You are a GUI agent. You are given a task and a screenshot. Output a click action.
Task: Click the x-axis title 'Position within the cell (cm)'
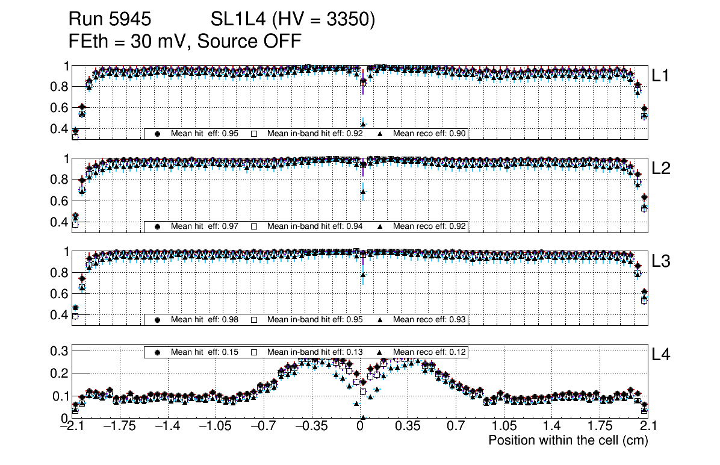click(x=568, y=440)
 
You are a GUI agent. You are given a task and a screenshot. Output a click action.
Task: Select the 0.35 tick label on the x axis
click(x=408, y=426)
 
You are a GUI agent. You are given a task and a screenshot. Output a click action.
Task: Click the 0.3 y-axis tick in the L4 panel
click(x=61, y=350)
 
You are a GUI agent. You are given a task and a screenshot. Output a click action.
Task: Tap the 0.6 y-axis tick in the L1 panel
click(x=60, y=107)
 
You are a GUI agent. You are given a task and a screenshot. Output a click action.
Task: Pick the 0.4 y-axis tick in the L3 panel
click(x=60, y=315)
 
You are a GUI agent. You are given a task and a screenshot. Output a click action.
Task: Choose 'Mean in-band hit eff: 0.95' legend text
click(x=315, y=319)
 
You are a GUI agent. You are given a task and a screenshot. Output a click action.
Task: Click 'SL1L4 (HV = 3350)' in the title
click(x=293, y=20)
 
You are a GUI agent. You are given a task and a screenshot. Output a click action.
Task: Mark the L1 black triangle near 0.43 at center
click(x=363, y=124)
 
